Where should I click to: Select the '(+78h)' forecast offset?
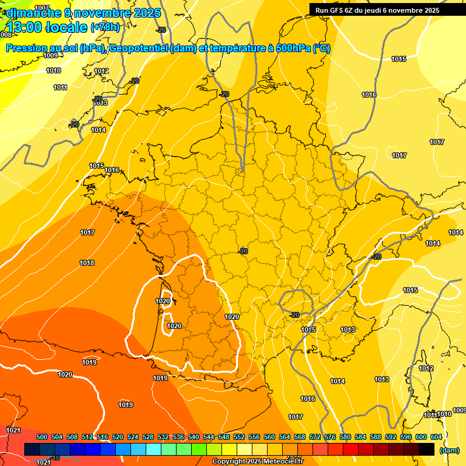coord(105,27)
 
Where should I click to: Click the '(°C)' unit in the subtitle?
coord(321,49)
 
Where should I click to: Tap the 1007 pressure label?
coord(42,8)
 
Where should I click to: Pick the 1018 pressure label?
coord(87,263)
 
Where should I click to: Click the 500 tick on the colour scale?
coord(42,437)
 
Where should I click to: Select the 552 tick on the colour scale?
coord(239,437)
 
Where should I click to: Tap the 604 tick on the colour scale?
coord(436,437)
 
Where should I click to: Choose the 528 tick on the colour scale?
coord(148,437)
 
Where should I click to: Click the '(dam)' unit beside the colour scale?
coord(449,450)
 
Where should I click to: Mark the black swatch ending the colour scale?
coord(427,449)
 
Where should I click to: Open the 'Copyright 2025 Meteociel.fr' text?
coord(257,462)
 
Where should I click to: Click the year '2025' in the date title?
coord(146,13)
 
